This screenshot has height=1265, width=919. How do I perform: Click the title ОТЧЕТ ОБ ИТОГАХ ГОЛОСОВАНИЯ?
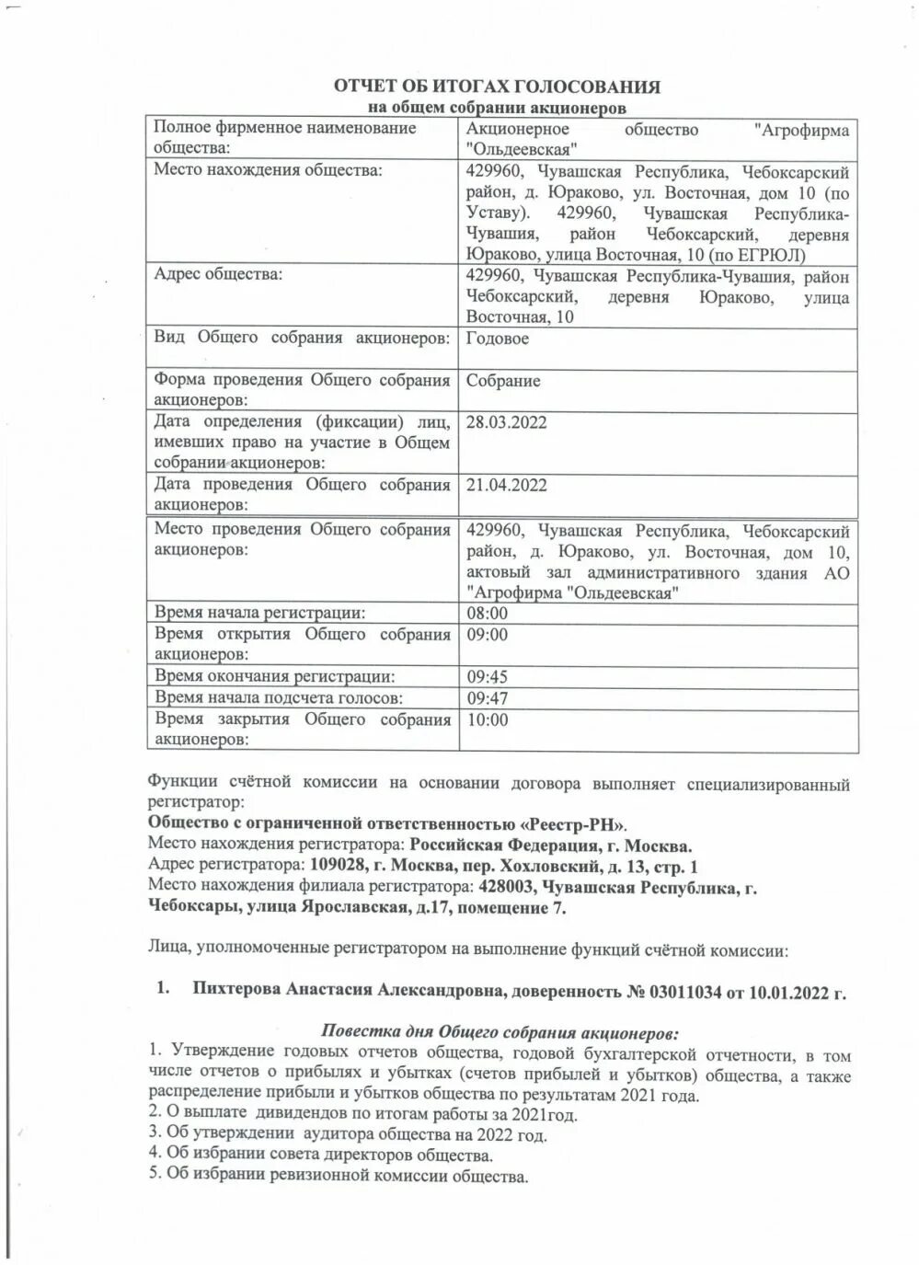(x=496, y=86)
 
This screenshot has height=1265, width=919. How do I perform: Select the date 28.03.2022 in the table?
(x=506, y=422)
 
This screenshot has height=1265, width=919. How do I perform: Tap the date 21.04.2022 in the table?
(x=506, y=485)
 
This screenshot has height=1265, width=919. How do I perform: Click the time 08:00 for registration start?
(x=487, y=614)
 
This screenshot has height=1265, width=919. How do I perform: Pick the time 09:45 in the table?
(x=487, y=677)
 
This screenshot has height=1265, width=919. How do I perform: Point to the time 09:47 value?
(x=487, y=698)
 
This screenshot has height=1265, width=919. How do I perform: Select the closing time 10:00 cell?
(x=487, y=720)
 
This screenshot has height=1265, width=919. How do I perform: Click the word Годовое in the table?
(x=497, y=339)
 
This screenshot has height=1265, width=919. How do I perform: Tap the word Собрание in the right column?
(x=502, y=381)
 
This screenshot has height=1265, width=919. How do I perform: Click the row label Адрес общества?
(x=218, y=274)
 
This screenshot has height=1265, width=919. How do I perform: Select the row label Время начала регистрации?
(x=259, y=613)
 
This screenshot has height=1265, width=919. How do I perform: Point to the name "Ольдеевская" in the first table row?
(x=522, y=149)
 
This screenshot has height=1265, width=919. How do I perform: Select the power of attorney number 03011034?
(x=688, y=992)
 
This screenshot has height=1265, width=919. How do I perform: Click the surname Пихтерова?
(x=236, y=990)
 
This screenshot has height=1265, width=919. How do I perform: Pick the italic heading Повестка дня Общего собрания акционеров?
(x=500, y=1031)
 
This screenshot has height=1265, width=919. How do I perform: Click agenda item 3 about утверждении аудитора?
(x=347, y=1134)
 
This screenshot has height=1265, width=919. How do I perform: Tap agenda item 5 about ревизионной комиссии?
(x=338, y=1176)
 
